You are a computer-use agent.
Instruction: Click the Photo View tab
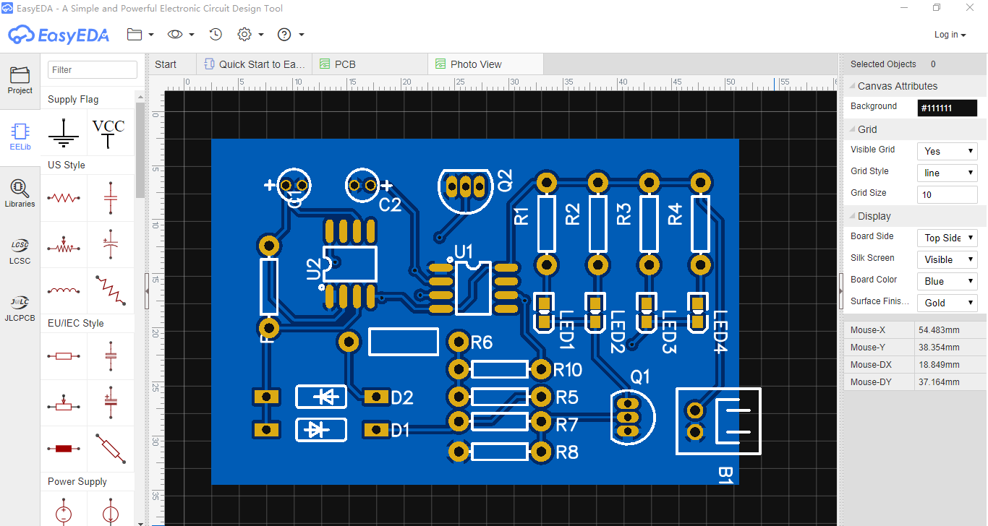point(475,64)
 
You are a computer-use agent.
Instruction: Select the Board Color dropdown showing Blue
point(947,281)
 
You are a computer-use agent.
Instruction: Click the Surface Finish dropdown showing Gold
point(947,303)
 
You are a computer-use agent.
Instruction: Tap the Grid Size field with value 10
point(947,194)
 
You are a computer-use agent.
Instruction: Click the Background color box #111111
point(947,108)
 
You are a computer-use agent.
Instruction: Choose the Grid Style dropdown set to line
point(947,173)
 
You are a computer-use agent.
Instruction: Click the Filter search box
point(93,70)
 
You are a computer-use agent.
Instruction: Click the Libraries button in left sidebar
point(20,193)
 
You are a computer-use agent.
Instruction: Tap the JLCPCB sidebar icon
point(20,306)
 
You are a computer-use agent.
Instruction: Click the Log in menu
point(950,35)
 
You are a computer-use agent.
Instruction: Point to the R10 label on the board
point(568,371)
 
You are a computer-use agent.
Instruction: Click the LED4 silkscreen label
point(720,332)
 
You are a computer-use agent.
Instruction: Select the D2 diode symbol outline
point(321,396)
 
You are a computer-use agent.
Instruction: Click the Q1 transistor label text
point(640,377)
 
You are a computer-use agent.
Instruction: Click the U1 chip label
point(463,252)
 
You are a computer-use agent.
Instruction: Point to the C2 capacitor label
point(390,205)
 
